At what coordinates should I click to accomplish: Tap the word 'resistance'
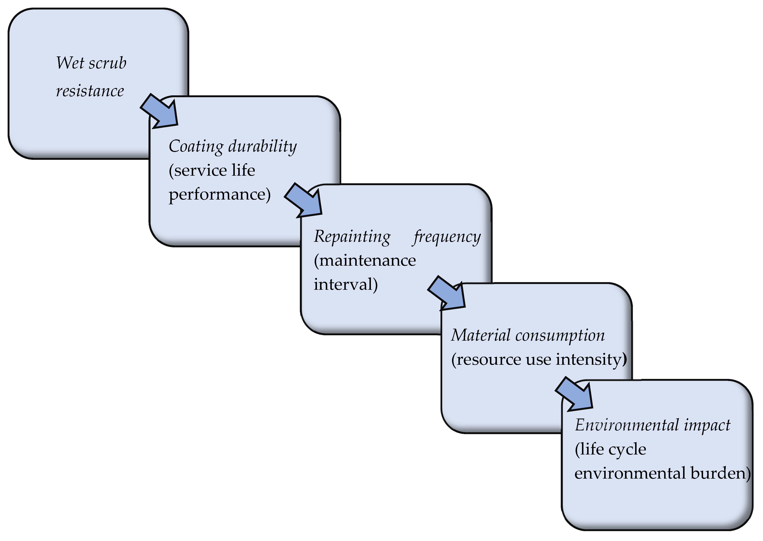tap(90, 91)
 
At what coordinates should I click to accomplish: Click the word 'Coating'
tap(196, 147)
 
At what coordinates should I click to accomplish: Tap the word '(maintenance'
tap(365, 261)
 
